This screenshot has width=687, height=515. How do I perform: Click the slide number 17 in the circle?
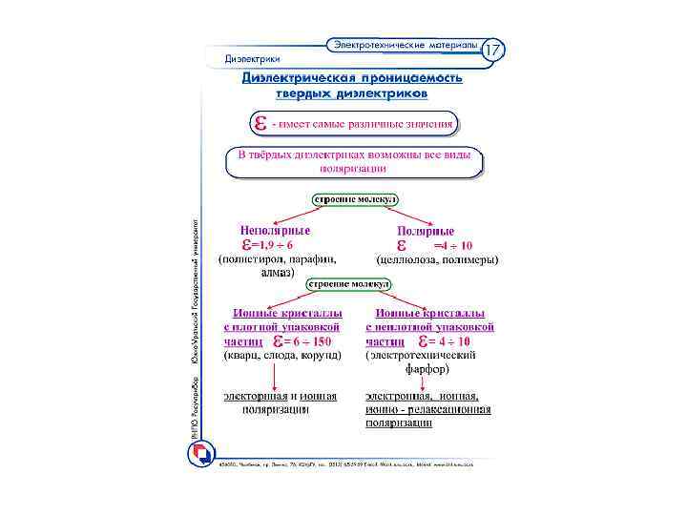coord(492,49)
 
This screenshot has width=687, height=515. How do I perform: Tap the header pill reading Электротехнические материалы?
coord(405,45)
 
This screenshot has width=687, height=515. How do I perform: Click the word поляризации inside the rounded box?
coord(352,168)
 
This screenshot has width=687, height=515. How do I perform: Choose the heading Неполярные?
coord(275,231)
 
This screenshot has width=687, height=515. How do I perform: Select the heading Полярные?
coord(426,231)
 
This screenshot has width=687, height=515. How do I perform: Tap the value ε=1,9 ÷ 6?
coord(265,245)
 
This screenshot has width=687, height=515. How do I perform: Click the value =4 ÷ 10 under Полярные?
coord(451,246)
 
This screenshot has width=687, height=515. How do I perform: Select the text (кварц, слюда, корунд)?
coord(282,355)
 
